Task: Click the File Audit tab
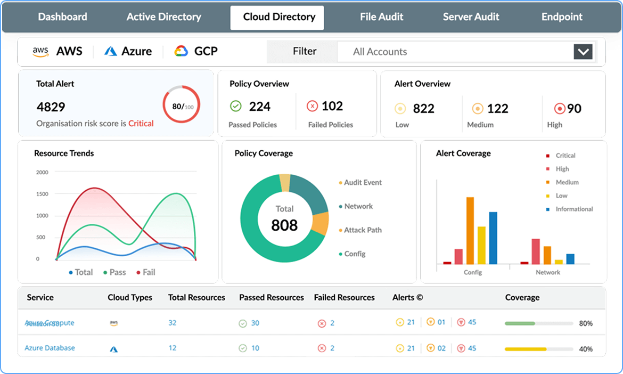[381, 17]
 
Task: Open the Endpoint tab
[562, 17]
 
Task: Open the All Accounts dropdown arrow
[583, 52]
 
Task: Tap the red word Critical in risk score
[141, 124]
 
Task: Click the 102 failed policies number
[332, 106]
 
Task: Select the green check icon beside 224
[236, 106]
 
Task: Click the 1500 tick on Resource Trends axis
[42, 194]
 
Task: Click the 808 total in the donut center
[284, 225]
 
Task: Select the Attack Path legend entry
[362, 230]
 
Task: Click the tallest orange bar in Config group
[470, 230]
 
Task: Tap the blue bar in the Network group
[570, 258]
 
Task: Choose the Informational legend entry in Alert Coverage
[573, 209]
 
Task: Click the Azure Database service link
[50, 348]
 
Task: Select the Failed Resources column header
[344, 298]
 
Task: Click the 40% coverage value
[586, 349]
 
